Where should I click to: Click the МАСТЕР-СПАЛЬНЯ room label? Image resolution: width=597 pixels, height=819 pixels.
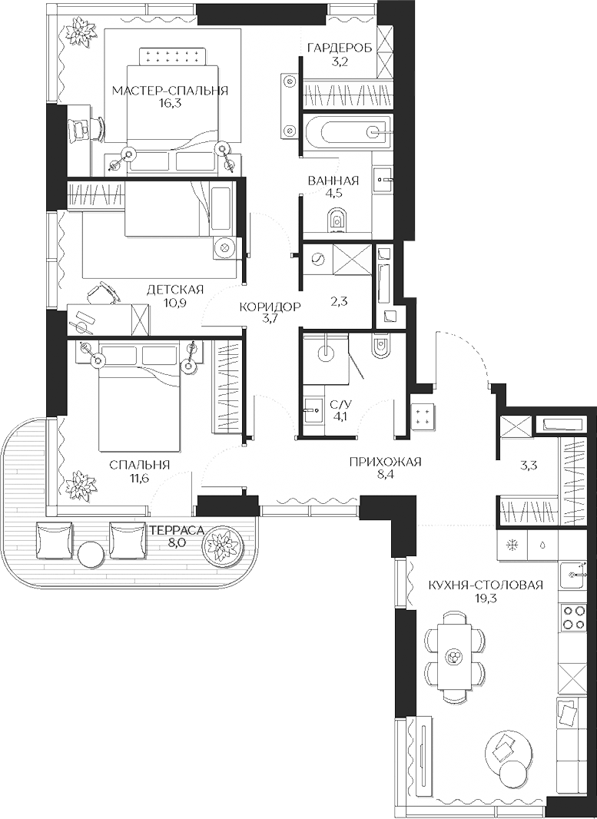pos(170,91)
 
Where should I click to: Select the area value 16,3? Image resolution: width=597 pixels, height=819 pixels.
pos(170,104)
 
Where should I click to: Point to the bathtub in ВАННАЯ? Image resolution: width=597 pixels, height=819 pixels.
pos(346,131)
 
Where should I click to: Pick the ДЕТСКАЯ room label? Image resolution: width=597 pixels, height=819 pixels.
pos(175,289)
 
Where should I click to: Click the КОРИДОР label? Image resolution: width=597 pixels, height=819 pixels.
pos(269,307)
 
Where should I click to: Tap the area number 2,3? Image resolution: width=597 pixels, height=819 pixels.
pos(339,301)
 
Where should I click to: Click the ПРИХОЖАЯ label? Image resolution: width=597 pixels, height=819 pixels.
pos(385,461)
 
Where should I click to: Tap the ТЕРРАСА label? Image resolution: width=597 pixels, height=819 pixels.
pos(176,529)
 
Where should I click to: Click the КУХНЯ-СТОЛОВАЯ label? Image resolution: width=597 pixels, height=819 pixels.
pos(486,585)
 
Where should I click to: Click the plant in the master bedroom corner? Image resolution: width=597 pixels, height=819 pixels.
pos(79,31)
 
